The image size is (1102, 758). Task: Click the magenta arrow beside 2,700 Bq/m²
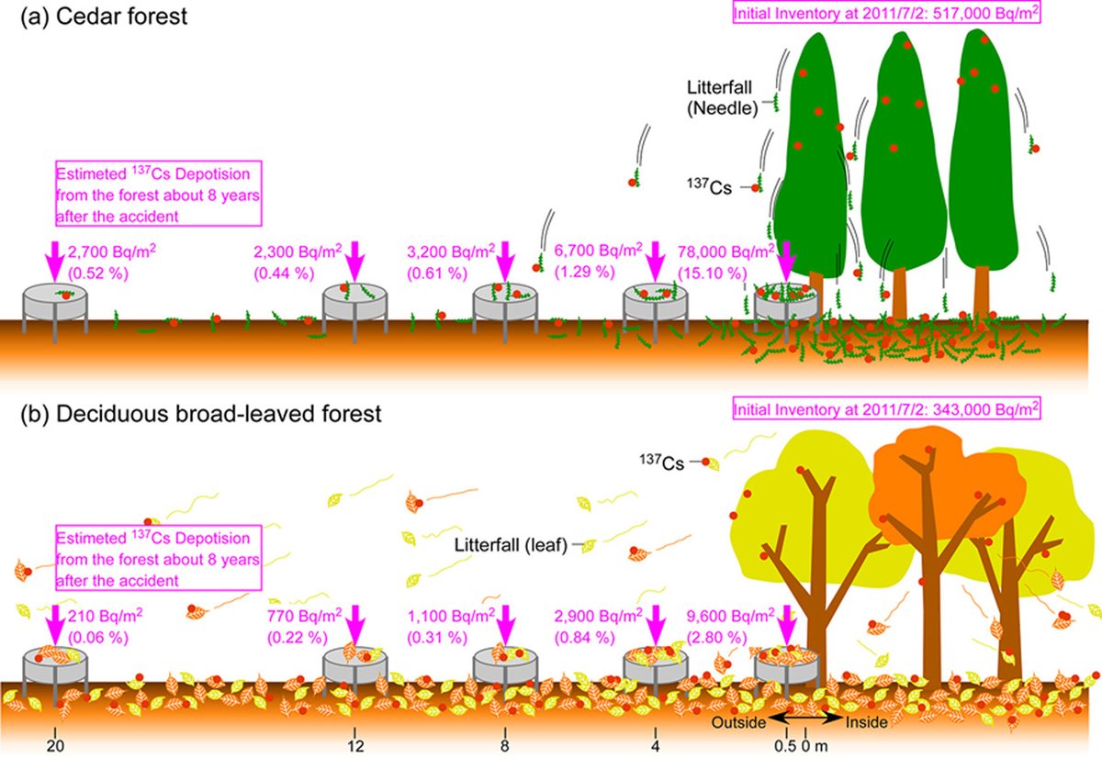click(54, 261)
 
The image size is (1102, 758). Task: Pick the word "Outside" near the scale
click(740, 722)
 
